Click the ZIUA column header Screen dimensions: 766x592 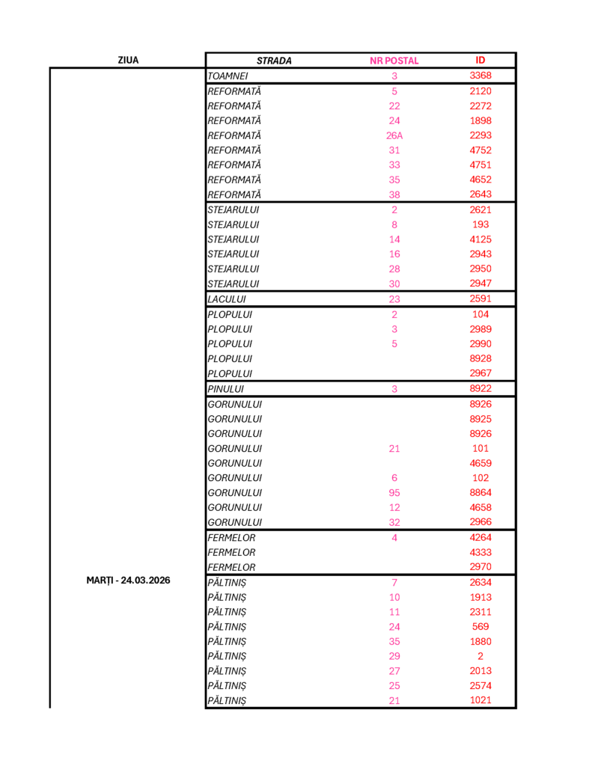coord(128,61)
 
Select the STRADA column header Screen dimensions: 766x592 coord(274,61)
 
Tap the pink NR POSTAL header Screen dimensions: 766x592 coord(394,61)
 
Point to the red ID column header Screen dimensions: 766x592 coord(480,61)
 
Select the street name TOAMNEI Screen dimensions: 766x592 coord(228,76)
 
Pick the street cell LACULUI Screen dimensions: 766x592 coord(226,299)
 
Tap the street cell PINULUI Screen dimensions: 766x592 coord(225,389)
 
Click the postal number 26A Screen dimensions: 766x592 coord(394,135)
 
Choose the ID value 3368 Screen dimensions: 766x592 coord(480,76)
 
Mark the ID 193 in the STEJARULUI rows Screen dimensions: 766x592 coord(480,224)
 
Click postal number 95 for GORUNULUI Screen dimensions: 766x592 coord(394,493)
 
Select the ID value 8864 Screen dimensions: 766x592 coord(480,493)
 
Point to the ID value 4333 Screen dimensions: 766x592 coord(480,552)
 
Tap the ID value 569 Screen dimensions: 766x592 coord(480,626)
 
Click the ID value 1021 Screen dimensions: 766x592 coord(480,700)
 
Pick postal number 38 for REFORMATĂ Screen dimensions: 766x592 coord(394,195)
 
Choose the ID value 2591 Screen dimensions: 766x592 coord(480,299)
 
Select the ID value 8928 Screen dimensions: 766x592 coord(480,358)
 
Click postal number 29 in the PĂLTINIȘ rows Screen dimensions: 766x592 coord(394,656)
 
